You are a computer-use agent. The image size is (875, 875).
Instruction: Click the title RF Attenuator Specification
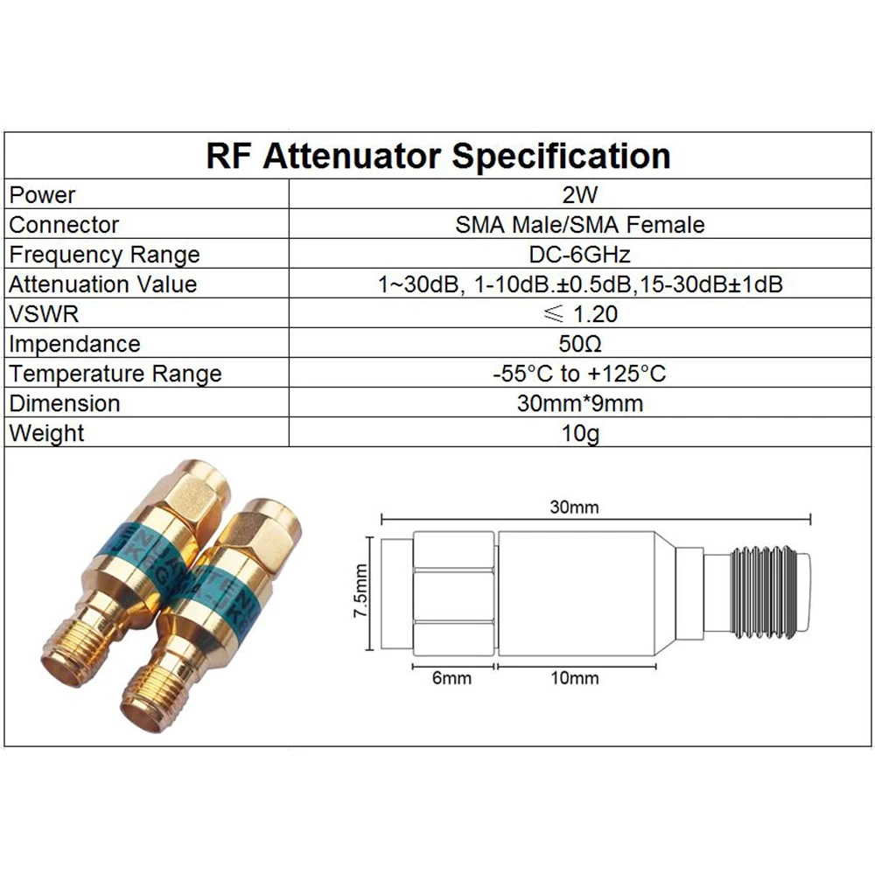pyautogui.click(x=438, y=157)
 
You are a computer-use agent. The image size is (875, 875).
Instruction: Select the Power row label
pyautogui.click(x=43, y=195)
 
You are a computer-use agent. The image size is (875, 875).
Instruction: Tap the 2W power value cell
pyautogui.click(x=580, y=195)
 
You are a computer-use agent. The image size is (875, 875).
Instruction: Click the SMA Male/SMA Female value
pyautogui.click(x=580, y=225)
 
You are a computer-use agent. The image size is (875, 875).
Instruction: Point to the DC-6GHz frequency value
pyautogui.click(x=580, y=255)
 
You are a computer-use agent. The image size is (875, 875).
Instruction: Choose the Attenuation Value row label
pyautogui.click(x=103, y=284)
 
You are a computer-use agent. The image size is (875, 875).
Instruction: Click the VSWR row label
pyautogui.click(x=44, y=314)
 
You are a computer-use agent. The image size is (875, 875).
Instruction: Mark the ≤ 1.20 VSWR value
pyautogui.click(x=580, y=314)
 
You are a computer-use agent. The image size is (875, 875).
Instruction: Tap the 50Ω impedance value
pyautogui.click(x=580, y=344)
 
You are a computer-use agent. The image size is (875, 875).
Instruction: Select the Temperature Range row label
pyautogui.click(x=115, y=374)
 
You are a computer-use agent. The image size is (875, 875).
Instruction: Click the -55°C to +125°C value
pyautogui.click(x=580, y=374)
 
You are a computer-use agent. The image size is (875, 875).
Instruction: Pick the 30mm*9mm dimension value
pyautogui.click(x=580, y=403)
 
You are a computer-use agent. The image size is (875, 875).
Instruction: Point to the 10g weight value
pyautogui.click(x=580, y=433)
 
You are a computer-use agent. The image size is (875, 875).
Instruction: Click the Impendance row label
pyautogui.click(x=74, y=344)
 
